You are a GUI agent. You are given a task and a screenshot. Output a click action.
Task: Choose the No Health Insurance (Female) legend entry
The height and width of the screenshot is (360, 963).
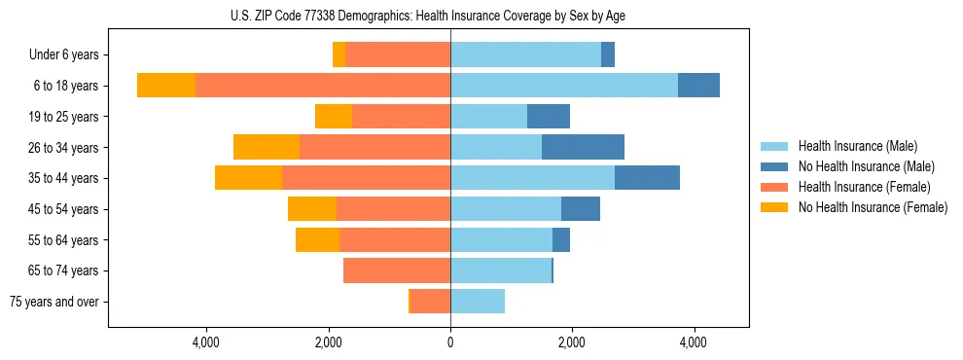[873, 207]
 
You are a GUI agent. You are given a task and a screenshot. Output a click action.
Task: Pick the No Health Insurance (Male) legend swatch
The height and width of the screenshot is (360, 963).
[775, 166]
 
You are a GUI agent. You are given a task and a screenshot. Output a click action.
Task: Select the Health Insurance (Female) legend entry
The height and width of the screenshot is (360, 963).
[864, 187]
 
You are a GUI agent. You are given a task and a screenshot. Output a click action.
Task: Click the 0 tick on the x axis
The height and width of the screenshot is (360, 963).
[450, 342]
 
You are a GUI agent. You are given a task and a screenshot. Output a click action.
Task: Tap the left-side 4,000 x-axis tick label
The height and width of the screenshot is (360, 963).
[206, 342]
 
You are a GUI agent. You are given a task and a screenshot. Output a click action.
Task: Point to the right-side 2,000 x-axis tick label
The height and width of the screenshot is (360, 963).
[572, 342]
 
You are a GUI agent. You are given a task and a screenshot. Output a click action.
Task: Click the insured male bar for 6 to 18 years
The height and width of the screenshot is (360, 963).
[564, 86]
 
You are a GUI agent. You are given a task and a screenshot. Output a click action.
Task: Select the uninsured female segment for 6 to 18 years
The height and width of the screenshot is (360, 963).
[166, 86]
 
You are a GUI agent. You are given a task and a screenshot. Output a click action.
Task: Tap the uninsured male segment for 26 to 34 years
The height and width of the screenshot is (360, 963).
[583, 147]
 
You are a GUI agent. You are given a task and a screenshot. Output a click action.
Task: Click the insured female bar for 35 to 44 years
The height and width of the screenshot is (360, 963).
[366, 178]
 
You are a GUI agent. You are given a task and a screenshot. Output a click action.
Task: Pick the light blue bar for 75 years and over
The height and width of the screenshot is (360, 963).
[478, 302]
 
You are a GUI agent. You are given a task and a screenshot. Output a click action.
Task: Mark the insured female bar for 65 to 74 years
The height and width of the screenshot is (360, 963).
[397, 270]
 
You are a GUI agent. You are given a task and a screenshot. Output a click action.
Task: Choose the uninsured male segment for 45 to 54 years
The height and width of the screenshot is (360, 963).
[581, 209]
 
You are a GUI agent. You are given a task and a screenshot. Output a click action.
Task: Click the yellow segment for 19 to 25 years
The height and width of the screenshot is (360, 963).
[334, 117]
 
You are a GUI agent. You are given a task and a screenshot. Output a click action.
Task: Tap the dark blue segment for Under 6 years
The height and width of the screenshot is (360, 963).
[608, 54]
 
